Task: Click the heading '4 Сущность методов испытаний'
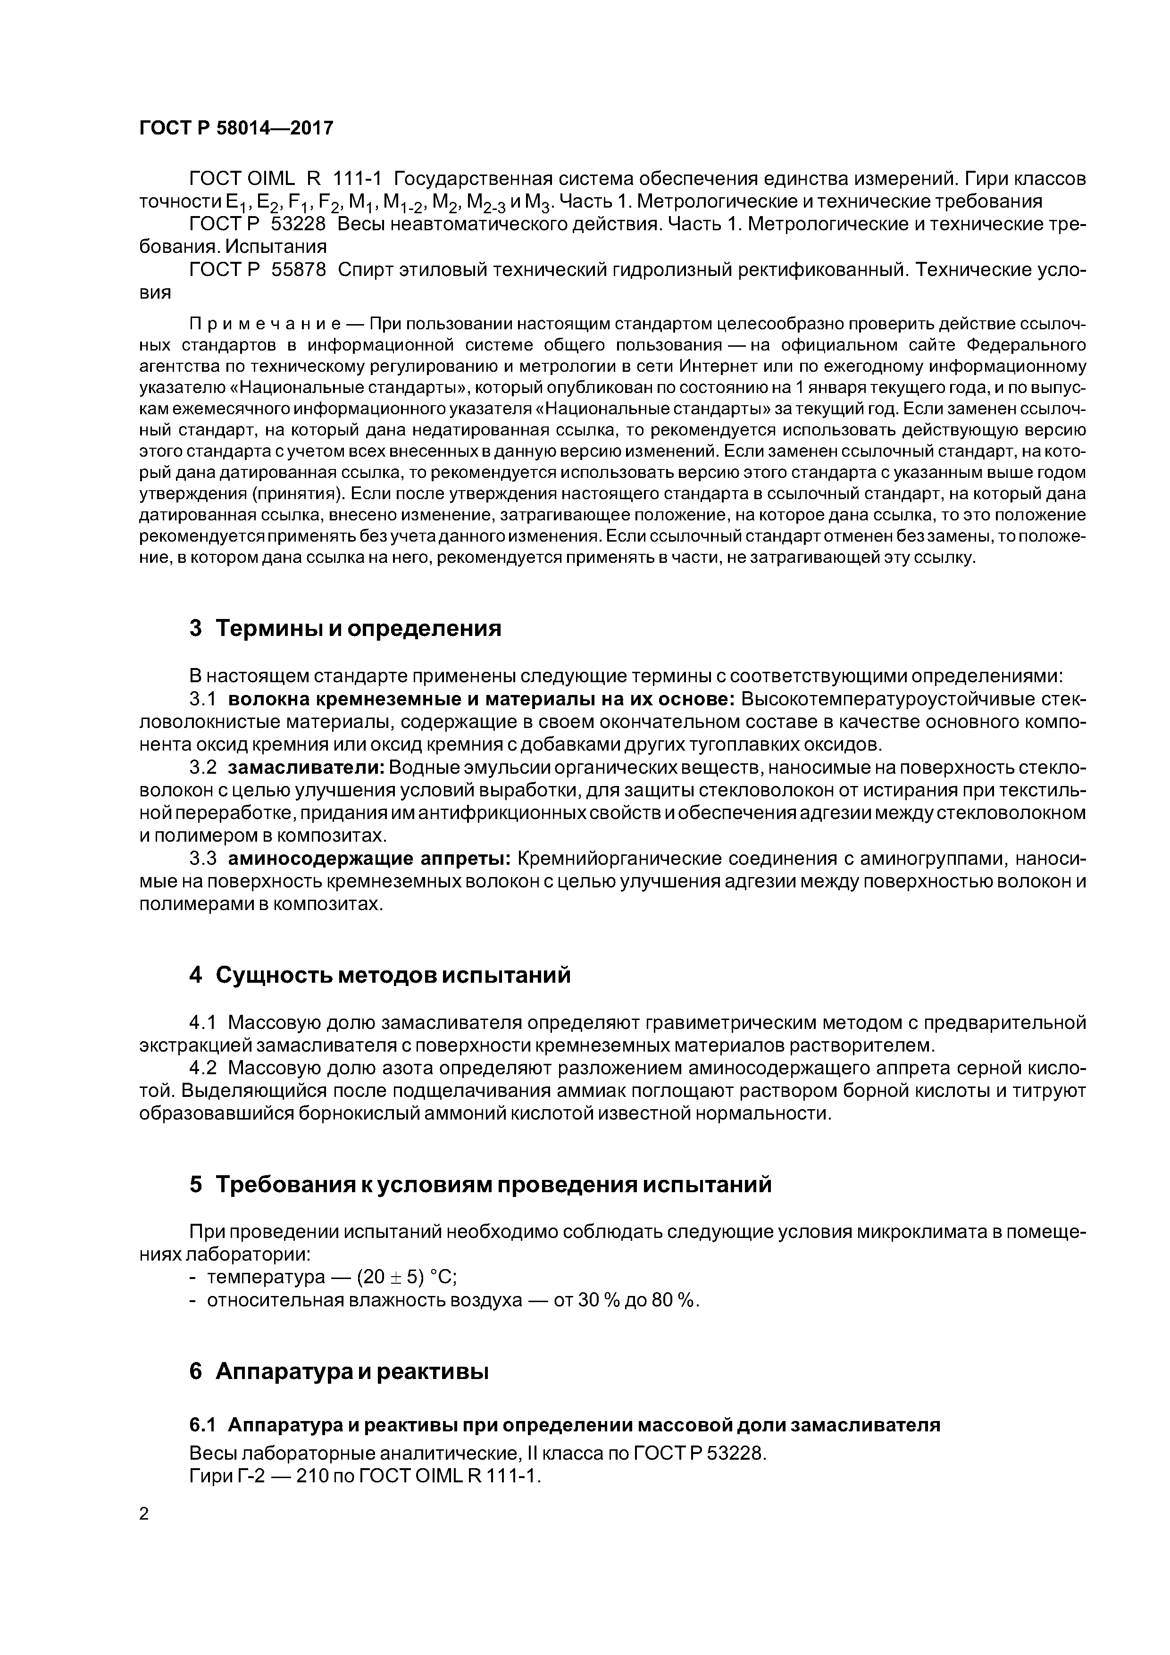[380, 975]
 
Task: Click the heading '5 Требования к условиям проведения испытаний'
[480, 1184]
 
